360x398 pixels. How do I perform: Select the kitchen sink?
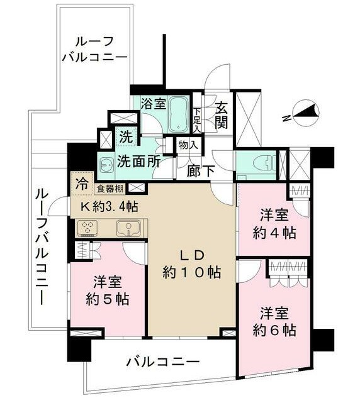[x=128, y=228]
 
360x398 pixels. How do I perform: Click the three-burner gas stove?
[x=87, y=227]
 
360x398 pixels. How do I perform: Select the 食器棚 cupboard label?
[x=110, y=189]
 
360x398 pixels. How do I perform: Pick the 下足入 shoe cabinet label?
[x=197, y=121]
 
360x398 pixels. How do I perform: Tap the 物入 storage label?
[x=188, y=145]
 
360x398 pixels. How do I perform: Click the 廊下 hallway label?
[x=201, y=171]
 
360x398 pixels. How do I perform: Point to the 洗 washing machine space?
[x=127, y=137]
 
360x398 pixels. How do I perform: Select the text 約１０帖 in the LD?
[x=191, y=272]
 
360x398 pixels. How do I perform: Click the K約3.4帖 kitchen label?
[x=110, y=207]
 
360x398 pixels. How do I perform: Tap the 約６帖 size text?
[x=274, y=330]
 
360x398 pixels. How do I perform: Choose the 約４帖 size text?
[x=274, y=233]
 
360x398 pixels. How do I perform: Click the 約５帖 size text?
[x=108, y=299]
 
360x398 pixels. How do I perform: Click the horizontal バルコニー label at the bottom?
[x=162, y=362]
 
